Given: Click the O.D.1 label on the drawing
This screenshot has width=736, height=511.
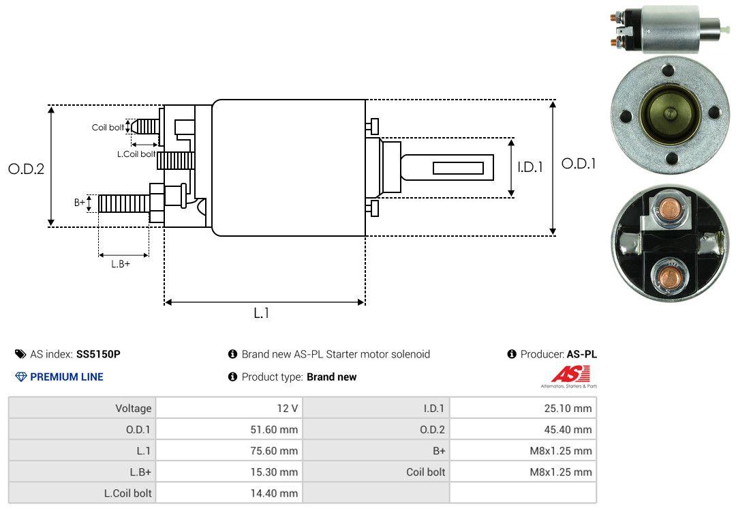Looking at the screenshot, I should click(x=578, y=164).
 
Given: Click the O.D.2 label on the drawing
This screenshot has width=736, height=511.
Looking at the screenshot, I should click(x=26, y=169).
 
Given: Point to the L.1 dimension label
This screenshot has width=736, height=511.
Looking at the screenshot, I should click(x=262, y=313).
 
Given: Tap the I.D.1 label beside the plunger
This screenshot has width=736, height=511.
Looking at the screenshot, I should click(x=530, y=166).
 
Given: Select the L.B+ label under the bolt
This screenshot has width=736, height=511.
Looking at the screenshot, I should click(x=121, y=264).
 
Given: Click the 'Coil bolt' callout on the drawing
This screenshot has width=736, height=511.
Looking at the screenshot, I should click(x=108, y=128).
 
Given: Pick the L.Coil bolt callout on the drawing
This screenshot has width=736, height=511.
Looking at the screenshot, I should click(x=136, y=154).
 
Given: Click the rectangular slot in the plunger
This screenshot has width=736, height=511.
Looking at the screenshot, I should click(x=458, y=168).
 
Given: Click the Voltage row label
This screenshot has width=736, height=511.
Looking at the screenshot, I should click(x=133, y=409).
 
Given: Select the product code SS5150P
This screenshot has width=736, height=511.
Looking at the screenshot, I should click(x=98, y=354).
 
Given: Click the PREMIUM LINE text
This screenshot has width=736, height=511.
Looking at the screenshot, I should click(x=67, y=377).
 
